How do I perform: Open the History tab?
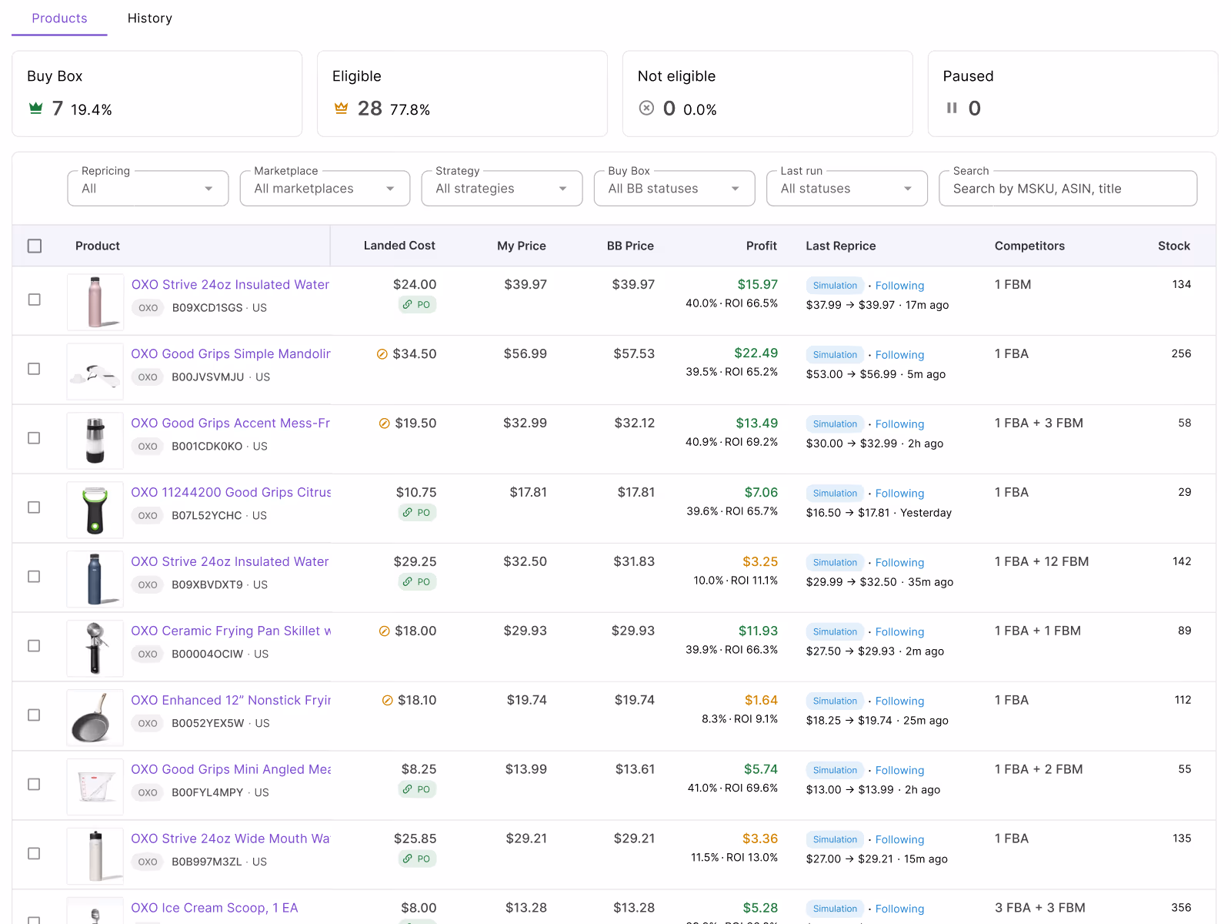(x=150, y=18)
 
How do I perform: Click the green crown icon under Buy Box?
(x=36, y=108)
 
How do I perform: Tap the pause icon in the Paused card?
(x=952, y=108)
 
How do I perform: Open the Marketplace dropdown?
(x=325, y=189)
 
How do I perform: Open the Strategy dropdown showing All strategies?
(x=502, y=189)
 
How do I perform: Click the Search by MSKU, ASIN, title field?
(x=1068, y=189)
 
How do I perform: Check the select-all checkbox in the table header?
(x=35, y=246)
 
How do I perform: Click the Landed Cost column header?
(x=399, y=245)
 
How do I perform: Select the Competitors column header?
(x=1029, y=246)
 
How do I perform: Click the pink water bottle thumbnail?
(x=95, y=302)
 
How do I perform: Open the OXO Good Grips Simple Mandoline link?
(x=231, y=353)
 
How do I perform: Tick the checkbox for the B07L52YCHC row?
(x=34, y=507)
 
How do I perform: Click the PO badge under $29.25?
(x=417, y=582)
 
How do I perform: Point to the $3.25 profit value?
(x=760, y=561)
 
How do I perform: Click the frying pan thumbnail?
(x=95, y=718)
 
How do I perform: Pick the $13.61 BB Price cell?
(x=635, y=769)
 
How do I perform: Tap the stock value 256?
(x=1181, y=353)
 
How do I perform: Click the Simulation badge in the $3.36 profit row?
(x=835, y=839)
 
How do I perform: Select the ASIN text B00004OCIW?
(x=208, y=654)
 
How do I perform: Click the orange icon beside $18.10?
(x=387, y=700)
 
